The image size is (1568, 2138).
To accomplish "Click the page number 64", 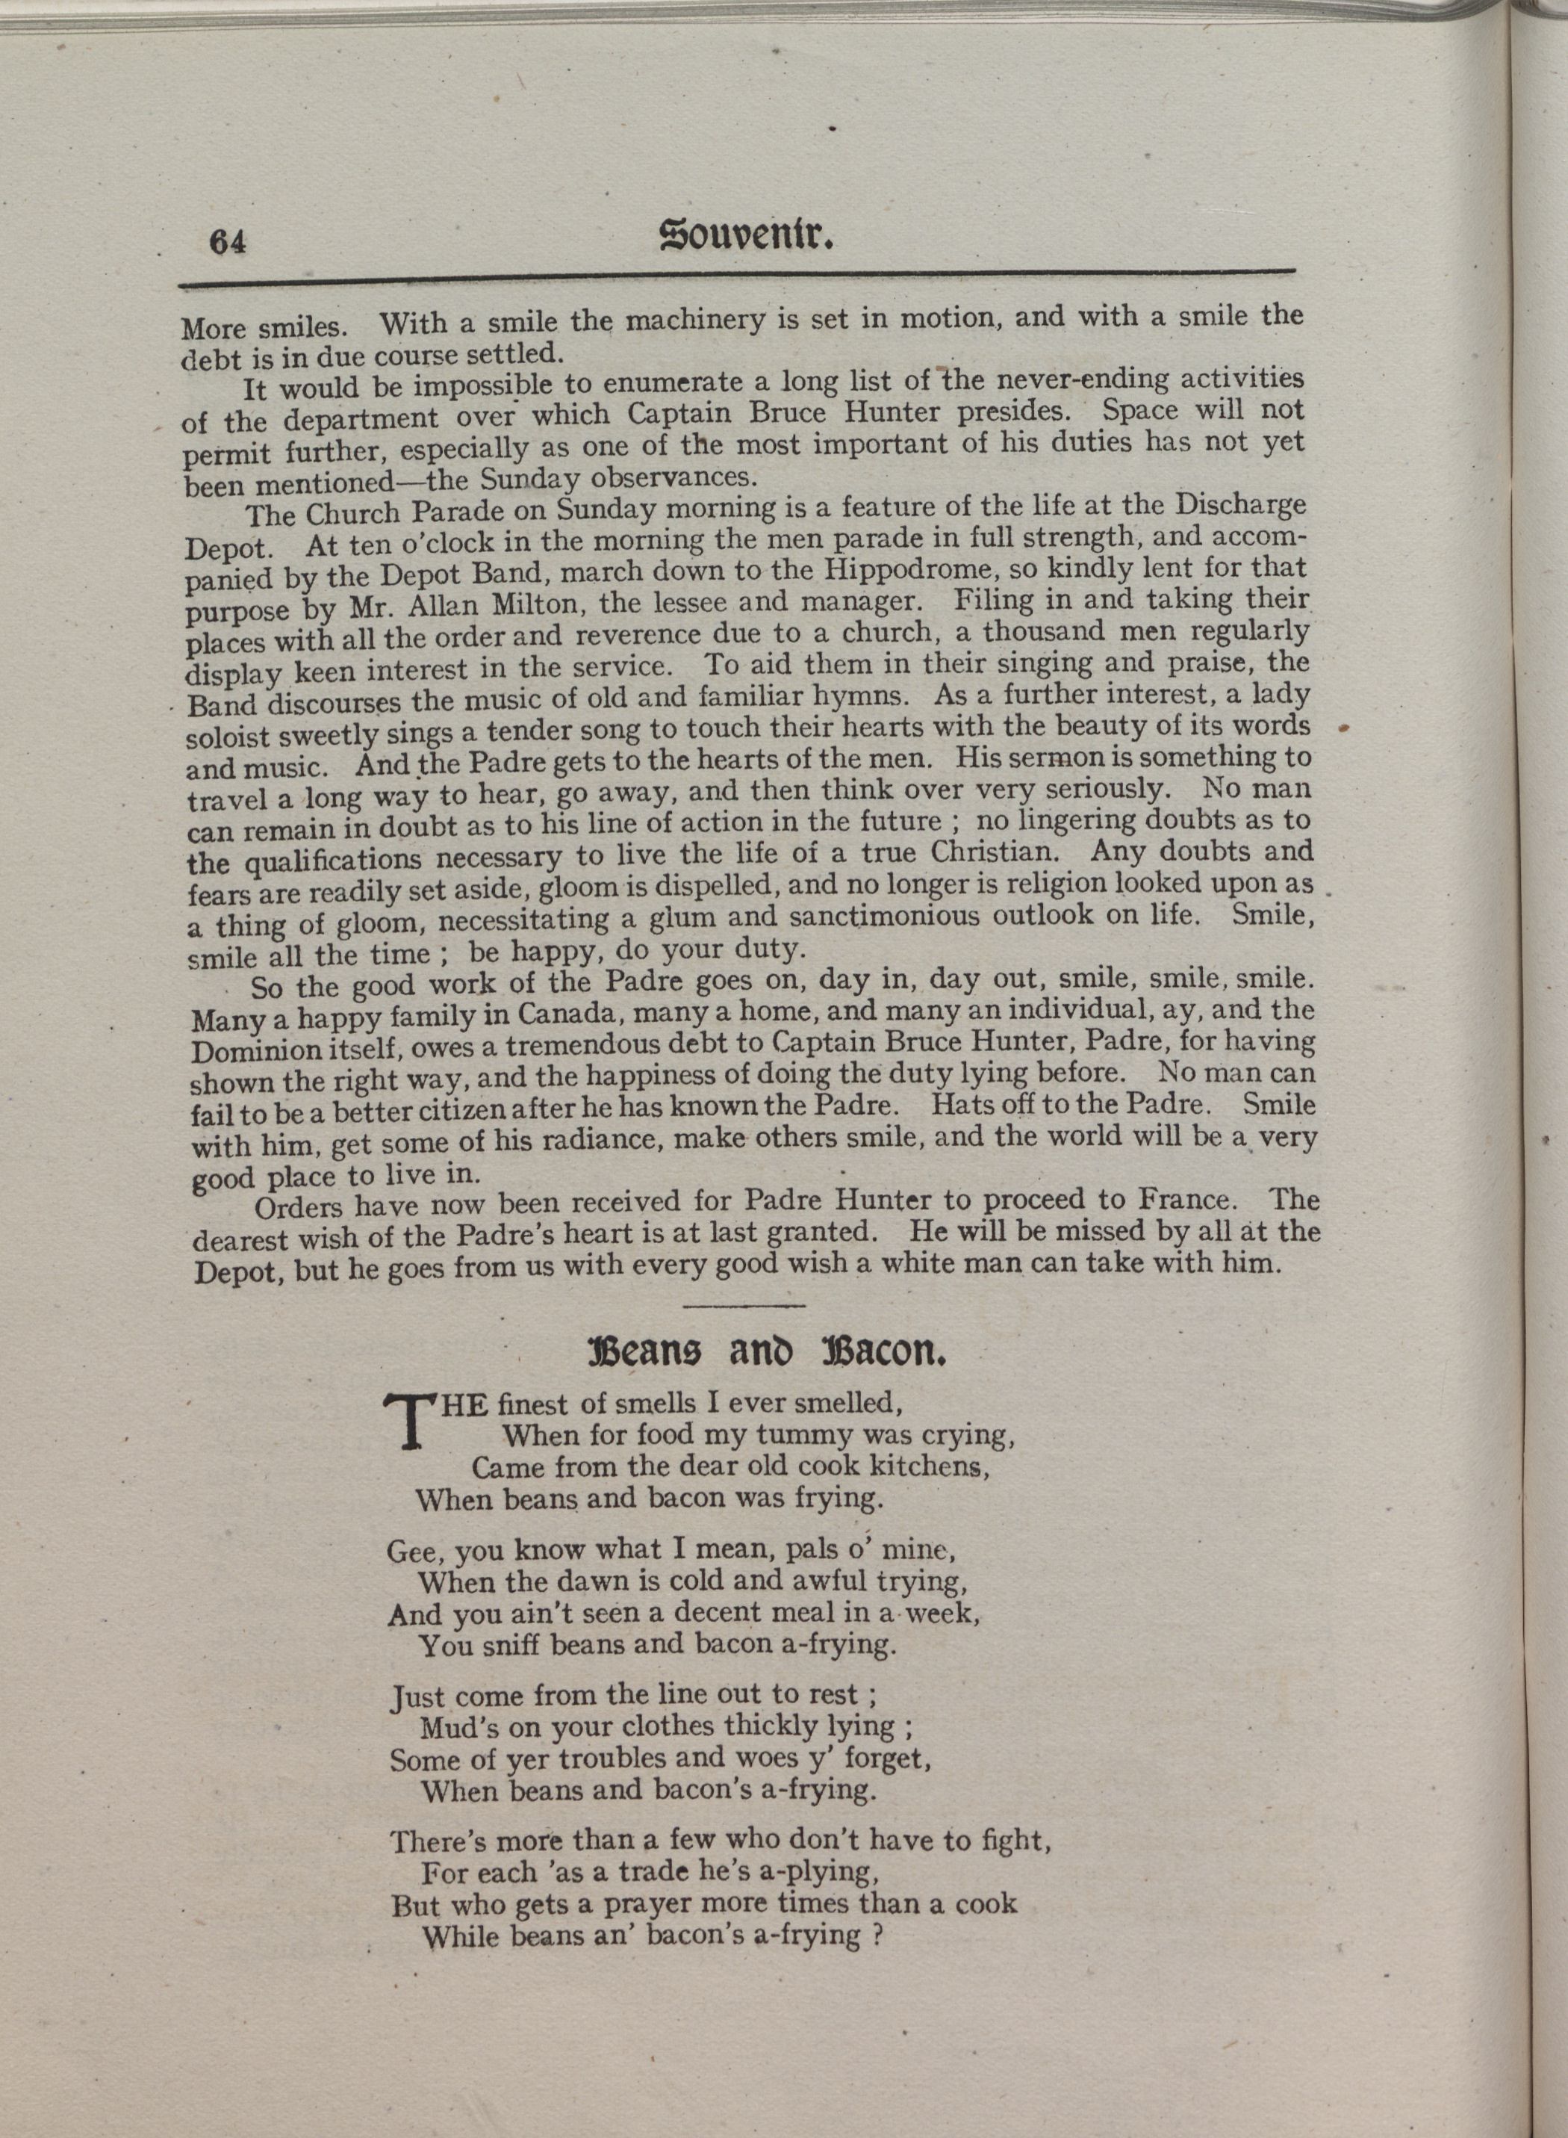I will (x=228, y=242).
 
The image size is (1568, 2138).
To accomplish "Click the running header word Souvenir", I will (x=746, y=235).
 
